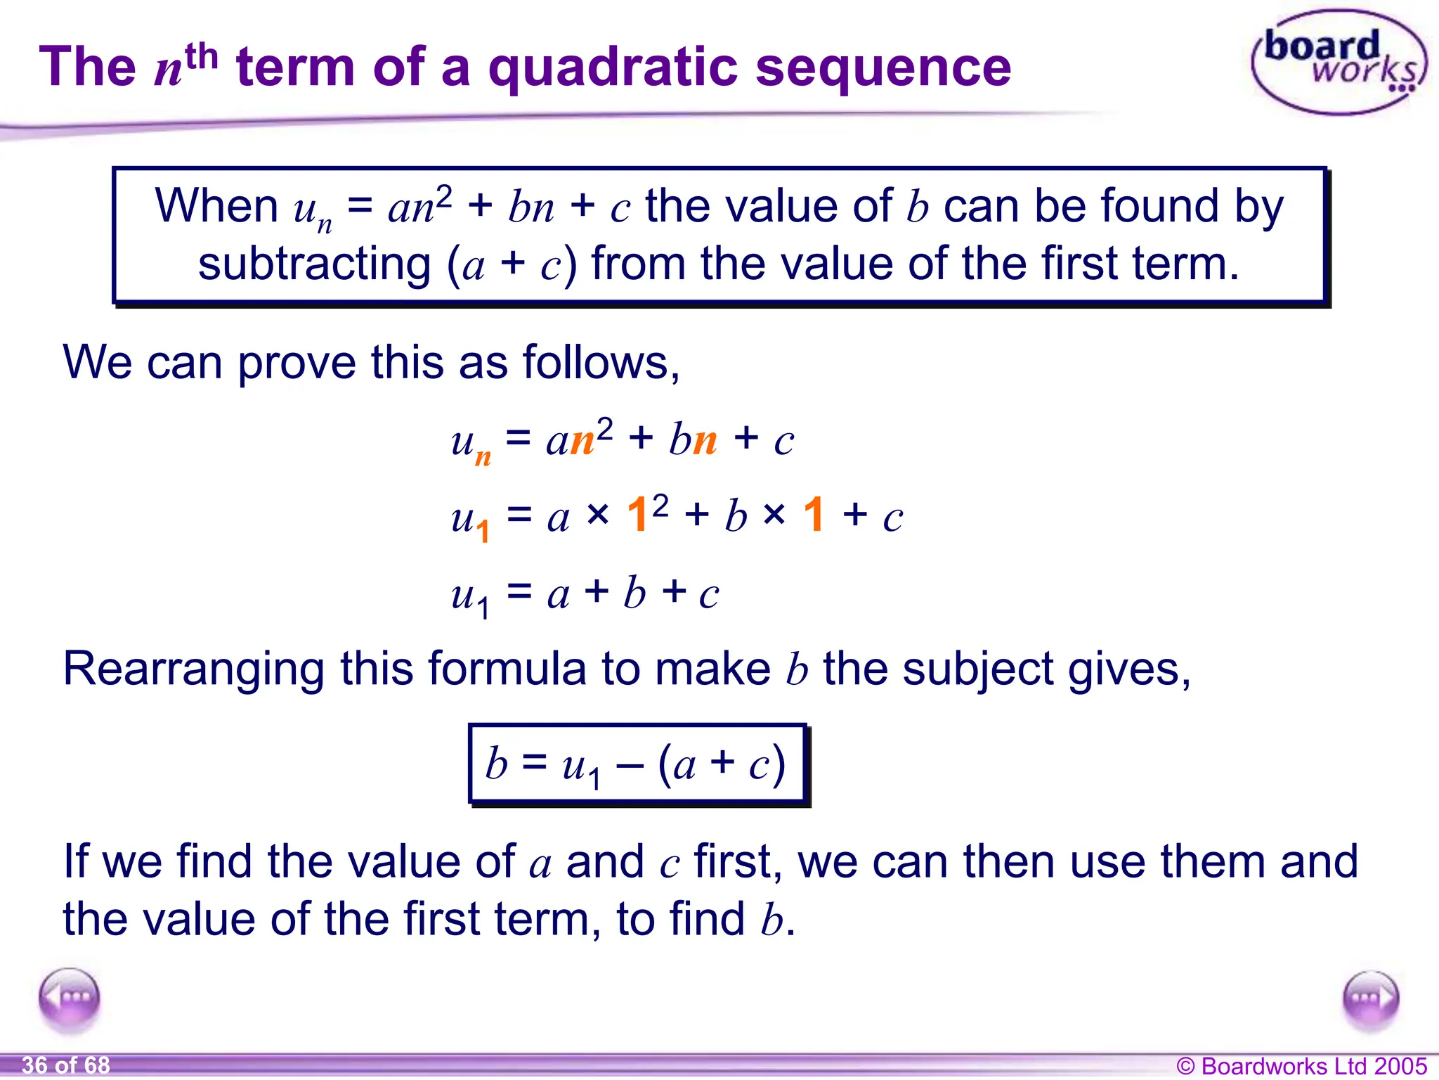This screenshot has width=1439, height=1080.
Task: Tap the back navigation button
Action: pyautogui.click(x=70, y=999)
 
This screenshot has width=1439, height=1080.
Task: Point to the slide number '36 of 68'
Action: pyautogui.click(x=66, y=1065)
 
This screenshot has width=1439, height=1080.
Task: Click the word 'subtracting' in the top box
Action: pyautogui.click(x=314, y=264)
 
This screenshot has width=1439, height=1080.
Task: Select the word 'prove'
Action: pyautogui.click(x=297, y=363)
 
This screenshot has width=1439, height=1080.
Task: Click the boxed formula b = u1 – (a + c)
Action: pyautogui.click(x=637, y=764)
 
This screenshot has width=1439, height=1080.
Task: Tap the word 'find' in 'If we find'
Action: pyautogui.click(x=214, y=861)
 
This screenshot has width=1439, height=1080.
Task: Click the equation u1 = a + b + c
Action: pyautogui.click(x=585, y=594)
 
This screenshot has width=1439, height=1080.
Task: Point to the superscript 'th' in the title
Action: pyautogui.click(x=202, y=56)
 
